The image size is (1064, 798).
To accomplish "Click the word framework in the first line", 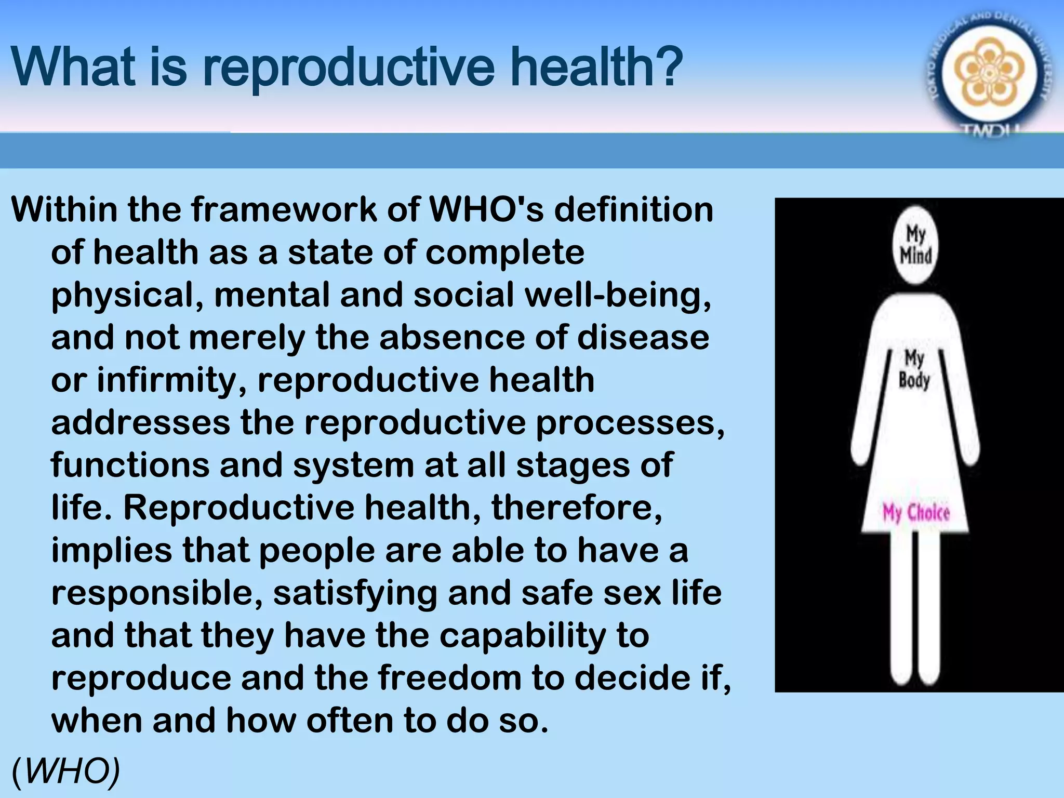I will point(283,210).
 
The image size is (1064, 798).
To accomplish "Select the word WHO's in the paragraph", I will point(486,210).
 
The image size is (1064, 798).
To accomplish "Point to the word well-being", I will point(618,295).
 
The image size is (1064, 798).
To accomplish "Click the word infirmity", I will point(171,380).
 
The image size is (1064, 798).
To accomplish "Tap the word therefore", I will point(577,508).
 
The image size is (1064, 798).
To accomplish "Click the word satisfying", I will point(355,593).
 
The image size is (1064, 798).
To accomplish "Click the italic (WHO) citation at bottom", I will point(65,770).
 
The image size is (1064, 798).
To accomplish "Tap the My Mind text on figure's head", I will point(915,244).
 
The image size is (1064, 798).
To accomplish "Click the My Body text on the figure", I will point(914,369).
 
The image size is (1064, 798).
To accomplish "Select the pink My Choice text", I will point(916,513).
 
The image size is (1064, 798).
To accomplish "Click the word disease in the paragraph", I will point(643,338).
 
